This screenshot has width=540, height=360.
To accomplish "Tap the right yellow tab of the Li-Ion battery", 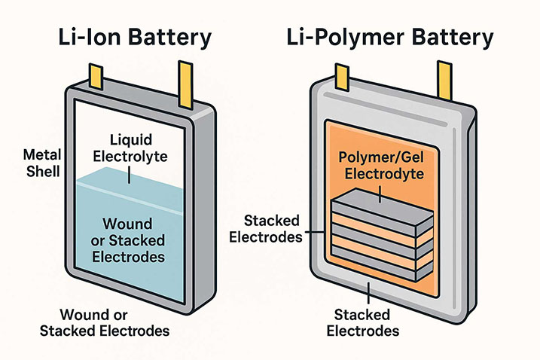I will click(185, 79).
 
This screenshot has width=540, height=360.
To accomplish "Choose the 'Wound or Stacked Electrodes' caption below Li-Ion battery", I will click(114, 323).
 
